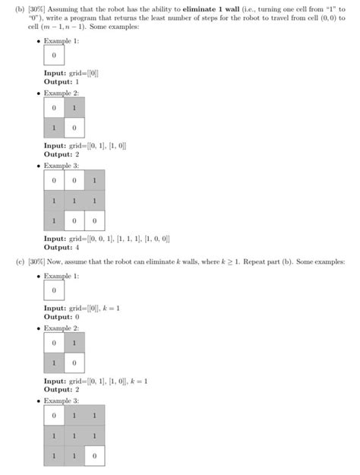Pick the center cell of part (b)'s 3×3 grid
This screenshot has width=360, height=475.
point(74,201)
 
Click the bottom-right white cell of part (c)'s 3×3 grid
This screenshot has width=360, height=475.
point(94,455)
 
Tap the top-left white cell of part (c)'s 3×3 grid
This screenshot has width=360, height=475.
point(54,416)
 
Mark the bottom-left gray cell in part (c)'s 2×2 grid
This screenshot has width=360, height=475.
point(54,363)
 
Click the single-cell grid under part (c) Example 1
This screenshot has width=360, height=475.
point(54,290)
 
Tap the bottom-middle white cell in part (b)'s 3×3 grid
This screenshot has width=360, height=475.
point(74,221)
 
